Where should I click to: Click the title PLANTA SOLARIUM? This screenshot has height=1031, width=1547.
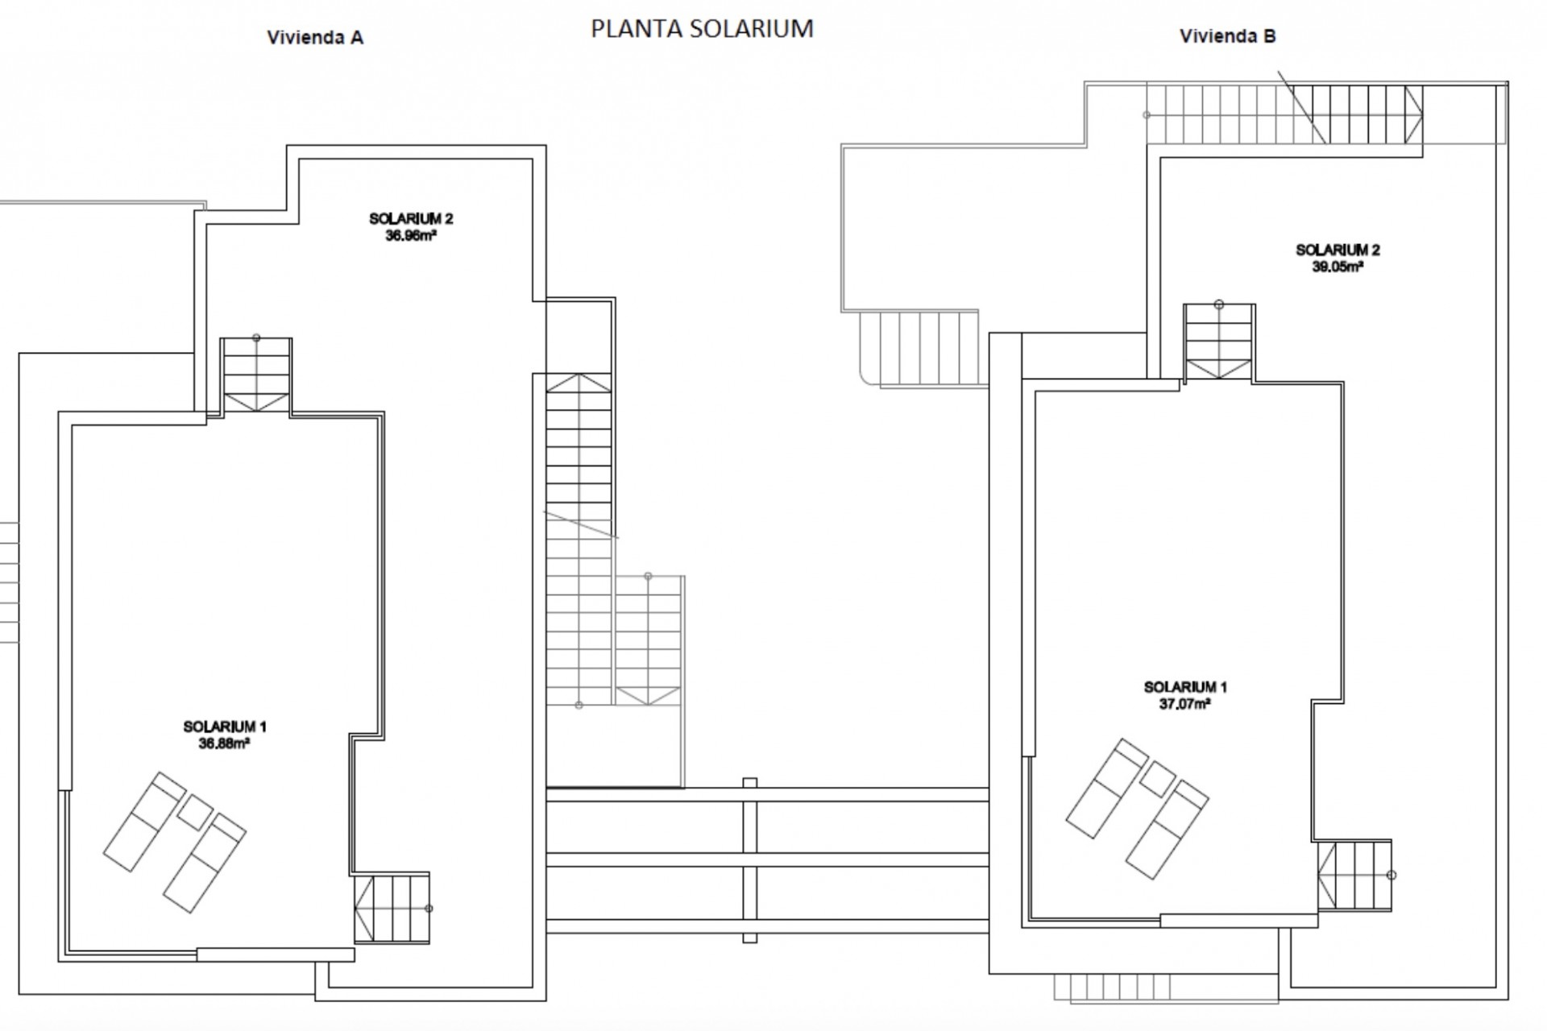(x=702, y=28)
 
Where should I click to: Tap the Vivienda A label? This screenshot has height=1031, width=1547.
(x=315, y=38)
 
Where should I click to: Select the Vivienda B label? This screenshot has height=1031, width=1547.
(x=1228, y=36)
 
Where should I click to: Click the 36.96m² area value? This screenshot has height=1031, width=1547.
(x=411, y=236)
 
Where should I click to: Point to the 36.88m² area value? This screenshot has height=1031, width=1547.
(x=224, y=743)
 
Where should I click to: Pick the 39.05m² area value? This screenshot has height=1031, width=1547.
(x=1338, y=267)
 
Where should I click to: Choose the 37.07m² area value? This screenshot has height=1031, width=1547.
(x=1185, y=704)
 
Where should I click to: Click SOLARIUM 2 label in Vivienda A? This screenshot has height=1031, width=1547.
(x=411, y=218)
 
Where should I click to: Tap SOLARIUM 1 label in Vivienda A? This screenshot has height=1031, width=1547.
(x=224, y=727)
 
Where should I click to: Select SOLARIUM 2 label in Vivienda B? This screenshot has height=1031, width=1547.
(x=1338, y=250)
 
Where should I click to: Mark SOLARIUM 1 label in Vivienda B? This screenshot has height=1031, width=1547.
(x=1185, y=687)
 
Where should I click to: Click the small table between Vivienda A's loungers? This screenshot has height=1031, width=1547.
(x=194, y=813)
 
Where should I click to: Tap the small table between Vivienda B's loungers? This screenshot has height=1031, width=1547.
(x=1158, y=779)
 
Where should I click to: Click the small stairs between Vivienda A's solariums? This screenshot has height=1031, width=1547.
(x=256, y=376)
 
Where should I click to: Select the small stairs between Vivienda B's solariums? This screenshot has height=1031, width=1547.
(x=1219, y=342)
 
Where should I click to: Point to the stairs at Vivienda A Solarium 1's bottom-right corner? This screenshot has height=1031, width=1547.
(x=392, y=908)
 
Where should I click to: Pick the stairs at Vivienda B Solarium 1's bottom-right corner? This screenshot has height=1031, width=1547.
(x=1355, y=876)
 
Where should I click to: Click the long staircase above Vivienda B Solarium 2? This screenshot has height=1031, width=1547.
(x=1284, y=114)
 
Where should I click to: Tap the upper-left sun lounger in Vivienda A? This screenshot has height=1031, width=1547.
(x=145, y=822)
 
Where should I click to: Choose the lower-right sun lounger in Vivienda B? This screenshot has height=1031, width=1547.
(x=1168, y=829)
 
